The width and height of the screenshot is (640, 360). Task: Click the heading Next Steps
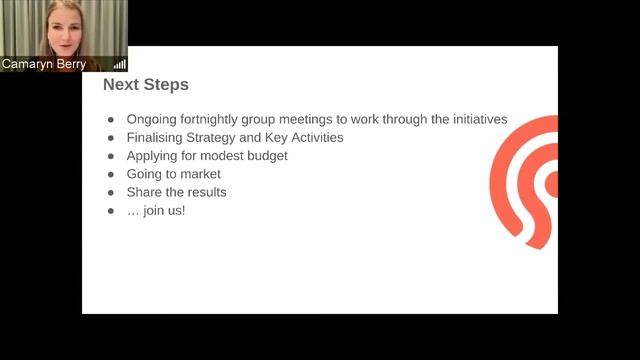pyautogui.click(x=146, y=86)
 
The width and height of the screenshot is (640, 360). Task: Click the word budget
pyautogui.click(x=270, y=156)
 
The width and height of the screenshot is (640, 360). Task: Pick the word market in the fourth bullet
pyautogui.click(x=200, y=174)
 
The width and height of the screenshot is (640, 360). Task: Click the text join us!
pyautogui.click(x=164, y=211)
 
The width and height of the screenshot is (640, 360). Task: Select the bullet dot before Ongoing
pyautogui.click(x=111, y=120)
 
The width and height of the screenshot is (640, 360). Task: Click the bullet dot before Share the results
pyautogui.click(x=111, y=193)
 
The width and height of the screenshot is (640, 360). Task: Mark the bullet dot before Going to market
pyautogui.click(x=111, y=175)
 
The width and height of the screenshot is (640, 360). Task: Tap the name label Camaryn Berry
pyautogui.click(x=44, y=63)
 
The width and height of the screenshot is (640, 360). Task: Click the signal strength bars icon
pyautogui.click(x=120, y=64)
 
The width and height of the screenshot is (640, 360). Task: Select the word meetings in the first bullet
pyautogui.click(x=320, y=119)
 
